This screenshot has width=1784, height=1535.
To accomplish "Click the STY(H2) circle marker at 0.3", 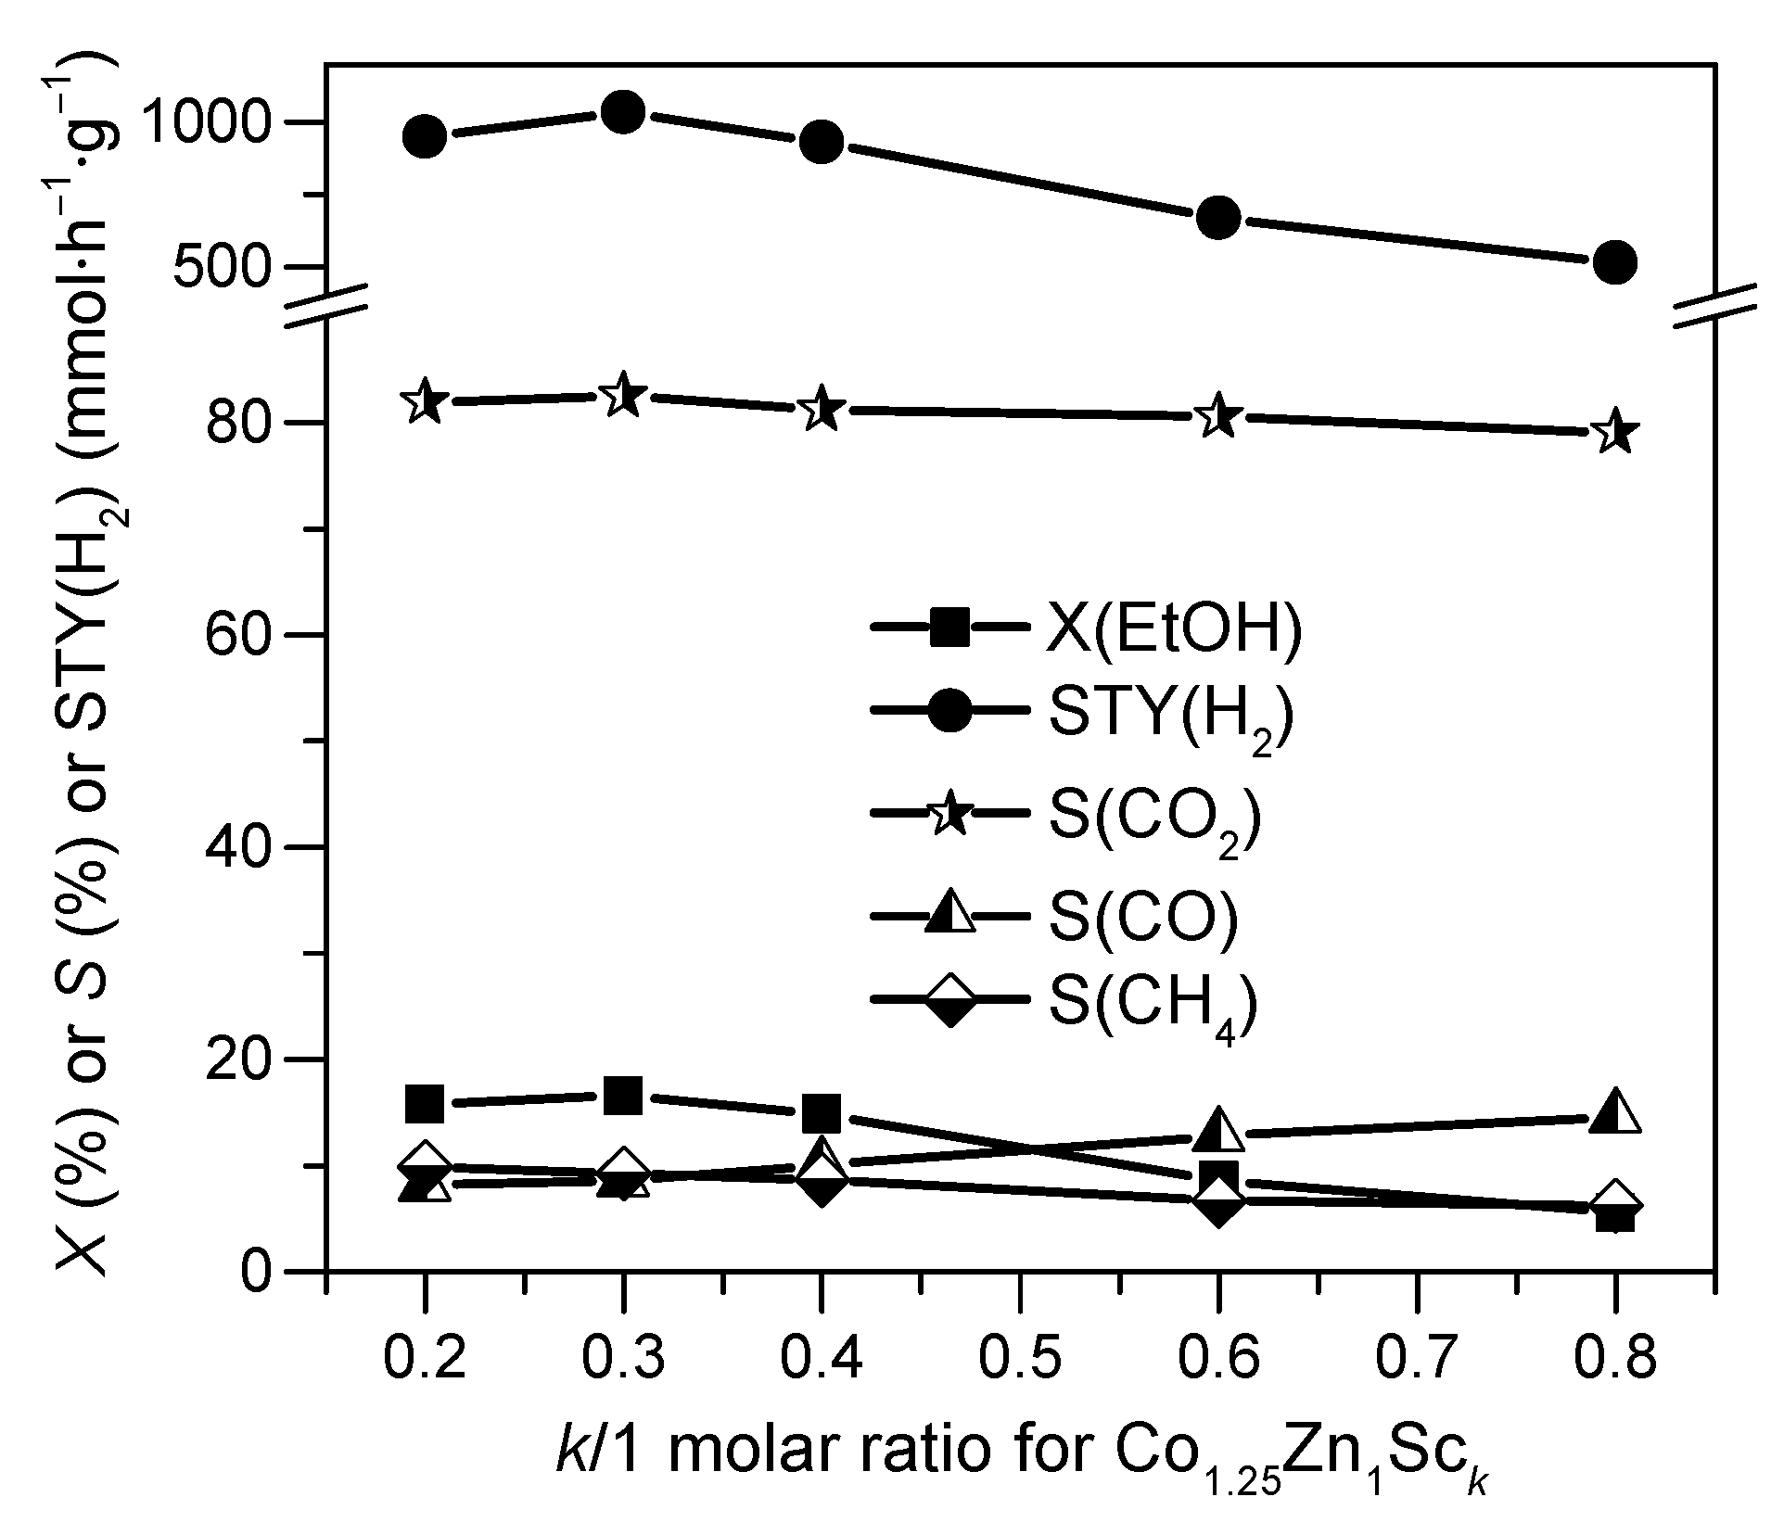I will (x=623, y=113).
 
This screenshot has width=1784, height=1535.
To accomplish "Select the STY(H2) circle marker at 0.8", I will (x=1615, y=262).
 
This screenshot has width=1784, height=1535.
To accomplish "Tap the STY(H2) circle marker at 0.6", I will (x=1218, y=217).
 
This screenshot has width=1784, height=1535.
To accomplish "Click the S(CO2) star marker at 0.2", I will (x=426, y=402).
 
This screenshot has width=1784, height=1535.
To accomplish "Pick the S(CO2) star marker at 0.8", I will (x=1615, y=432).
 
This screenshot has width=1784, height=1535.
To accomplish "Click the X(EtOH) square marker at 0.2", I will (x=426, y=1103).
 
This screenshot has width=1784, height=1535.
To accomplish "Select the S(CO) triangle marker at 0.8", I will (x=1615, y=1111).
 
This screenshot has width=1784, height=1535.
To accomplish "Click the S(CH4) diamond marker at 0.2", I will (x=426, y=1162).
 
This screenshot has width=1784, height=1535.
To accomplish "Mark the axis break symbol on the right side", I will (x=1715, y=306).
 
